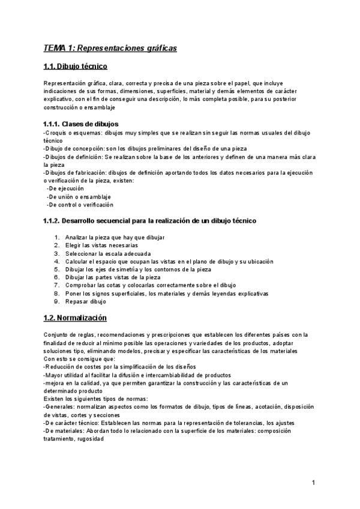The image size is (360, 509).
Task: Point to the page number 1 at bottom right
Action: (314, 483)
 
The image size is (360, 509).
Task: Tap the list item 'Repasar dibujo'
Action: (85, 302)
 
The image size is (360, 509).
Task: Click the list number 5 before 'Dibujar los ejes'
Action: (56, 270)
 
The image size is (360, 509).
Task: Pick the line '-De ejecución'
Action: (65, 188)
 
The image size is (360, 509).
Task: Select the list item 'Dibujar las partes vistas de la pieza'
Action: (113, 277)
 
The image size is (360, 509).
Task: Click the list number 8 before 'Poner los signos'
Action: (56, 294)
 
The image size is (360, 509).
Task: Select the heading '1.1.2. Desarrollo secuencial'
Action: (150, 221)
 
